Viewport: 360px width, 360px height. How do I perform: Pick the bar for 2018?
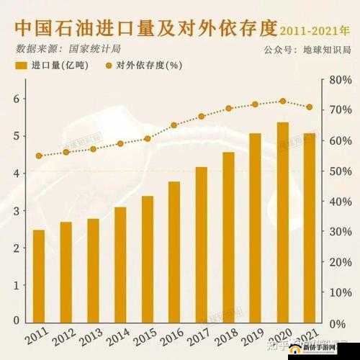[x=228, y=237]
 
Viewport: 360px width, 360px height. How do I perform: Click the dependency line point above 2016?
[x=174, y=125]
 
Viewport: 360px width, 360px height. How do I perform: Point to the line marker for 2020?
[x=282, y=102]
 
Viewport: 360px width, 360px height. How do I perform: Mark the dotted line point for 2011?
[x=39, y=156]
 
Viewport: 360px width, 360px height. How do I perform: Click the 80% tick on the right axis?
[x=339, y=81]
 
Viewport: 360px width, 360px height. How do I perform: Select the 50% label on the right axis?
[x=339, y=171]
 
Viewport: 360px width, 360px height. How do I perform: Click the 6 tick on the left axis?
[x=15, y=99]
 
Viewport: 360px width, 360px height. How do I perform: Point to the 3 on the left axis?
[x=15, y=211]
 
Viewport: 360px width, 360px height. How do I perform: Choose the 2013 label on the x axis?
[x=90, y=338]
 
